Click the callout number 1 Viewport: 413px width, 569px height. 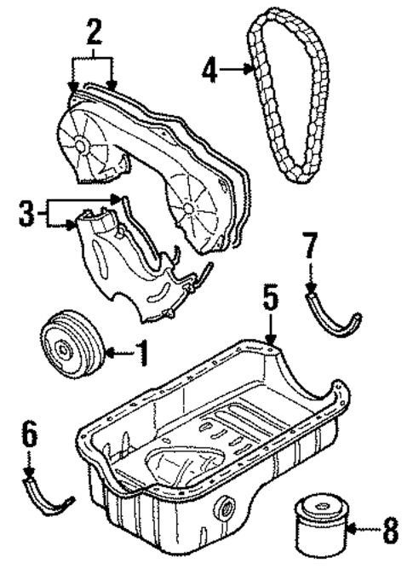point(141,351)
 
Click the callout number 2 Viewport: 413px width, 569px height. point(94,33)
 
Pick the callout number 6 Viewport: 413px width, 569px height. point(29,437)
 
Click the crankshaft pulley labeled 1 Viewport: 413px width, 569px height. point(72,348)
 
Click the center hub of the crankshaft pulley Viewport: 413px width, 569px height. point(65,348)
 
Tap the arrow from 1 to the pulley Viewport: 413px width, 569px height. point(117,351)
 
